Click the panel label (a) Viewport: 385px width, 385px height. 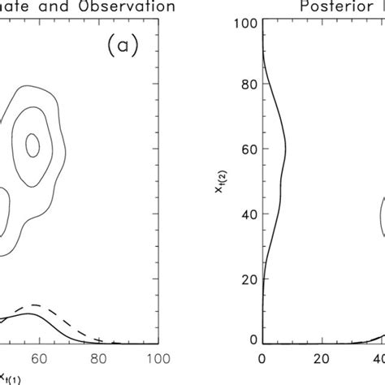click(x=123, y=47)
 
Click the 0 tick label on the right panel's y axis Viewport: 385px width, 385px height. click(x=251, y=338)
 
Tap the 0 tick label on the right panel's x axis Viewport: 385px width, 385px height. click(x=262, y=358)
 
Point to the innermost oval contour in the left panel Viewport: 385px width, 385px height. click(x=32, y=145)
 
